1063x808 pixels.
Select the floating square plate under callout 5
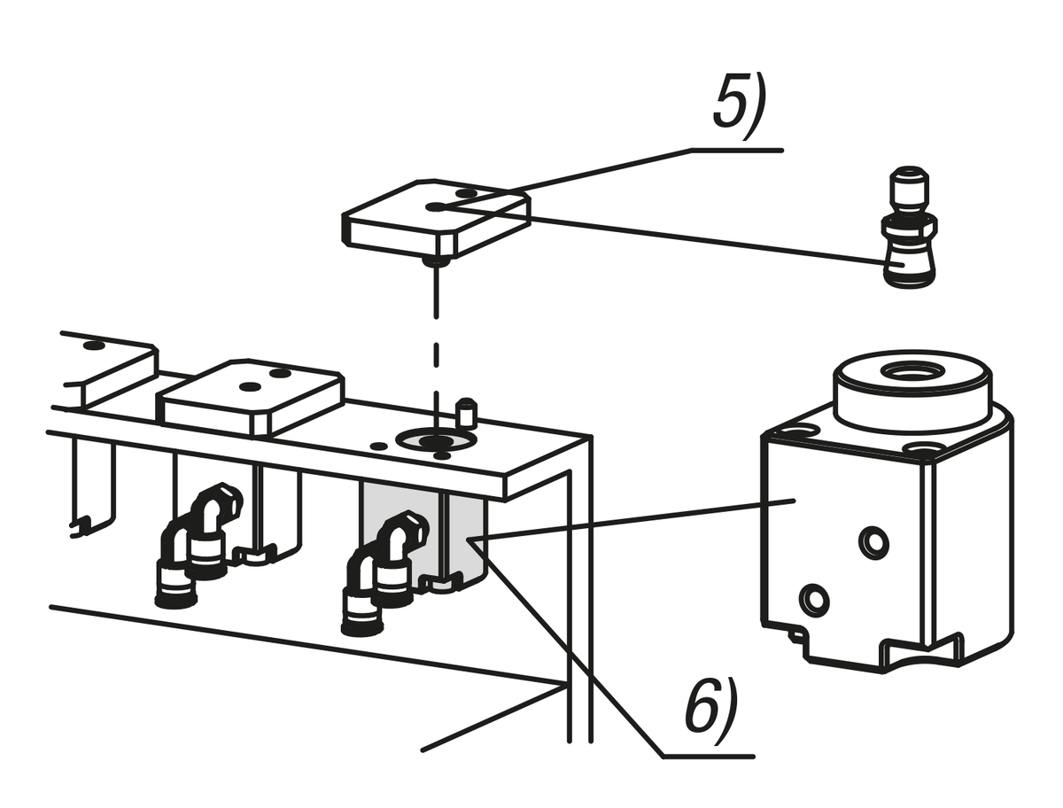pyautogui.click(x=436, y=220)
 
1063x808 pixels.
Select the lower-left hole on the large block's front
pyautogui.click(x=813, y=599)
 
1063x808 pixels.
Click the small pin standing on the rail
pyautogui.click(x=466, y=412)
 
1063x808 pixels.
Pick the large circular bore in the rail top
pyautogui.click(x=437, y=439)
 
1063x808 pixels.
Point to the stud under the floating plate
pyautogui.click(x=433, y=260)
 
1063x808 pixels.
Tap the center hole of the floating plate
pyautogui.click(x=436, y=206)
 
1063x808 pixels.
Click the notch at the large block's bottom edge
pyautogui.click(x=921, y=652)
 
